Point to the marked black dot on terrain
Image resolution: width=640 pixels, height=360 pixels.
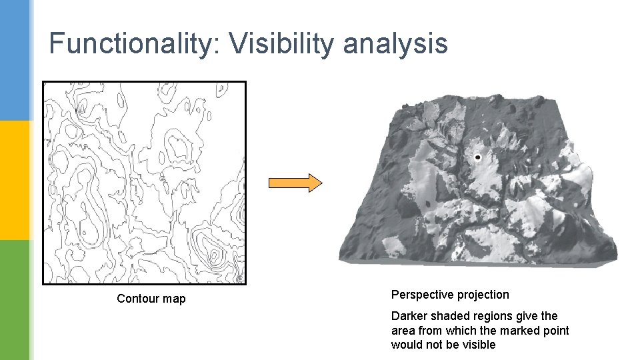pyautogui.click(x=477, y=158)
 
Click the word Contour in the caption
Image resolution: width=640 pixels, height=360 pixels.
pyautogui.click(x=138, y=299)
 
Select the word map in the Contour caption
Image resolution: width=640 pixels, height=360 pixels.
pyautogui.click(x=175, y=299)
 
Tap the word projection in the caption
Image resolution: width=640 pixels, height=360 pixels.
pyautogui.click(x=484, y=295)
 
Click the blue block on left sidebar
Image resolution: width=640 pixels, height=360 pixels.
pyautogui.click(x=15, y=60)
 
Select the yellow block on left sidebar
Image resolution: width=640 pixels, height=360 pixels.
pyautogui.click(x=15, y=180)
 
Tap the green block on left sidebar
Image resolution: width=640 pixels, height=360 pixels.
pyautogui.click(x=15, y=300)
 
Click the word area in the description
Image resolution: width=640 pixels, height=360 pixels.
pyautogui.click(x=403, y=331)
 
